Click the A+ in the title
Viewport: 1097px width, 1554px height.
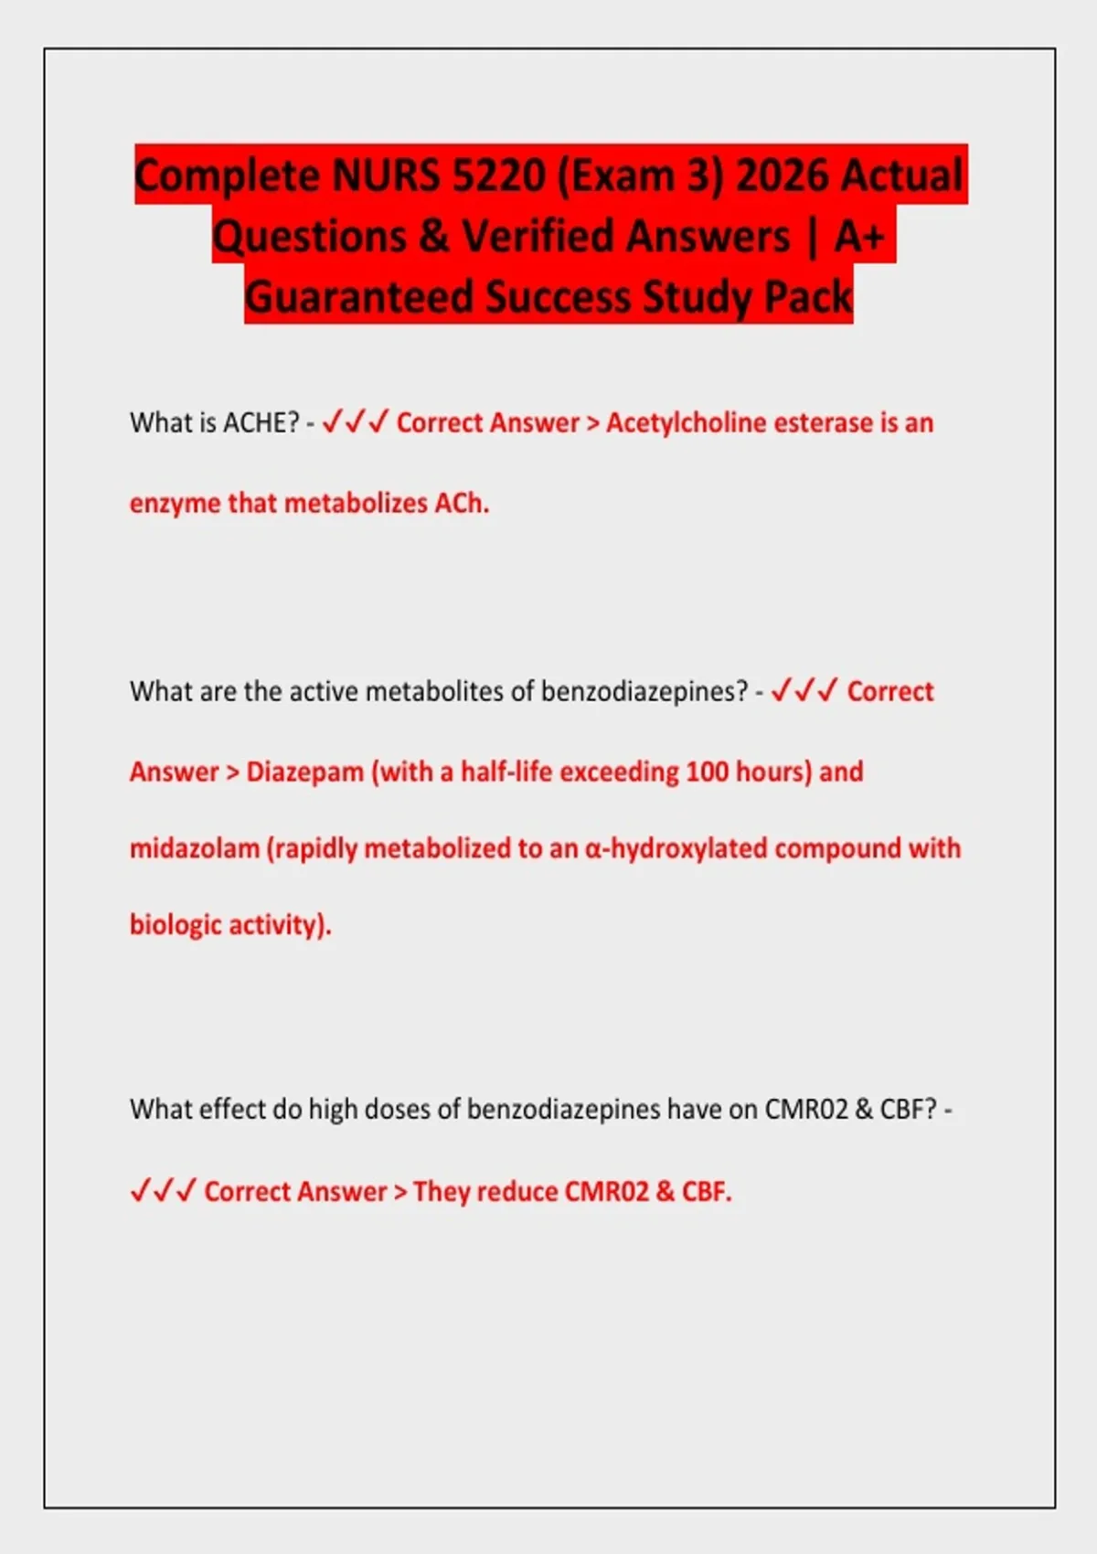click(x=859, y=236)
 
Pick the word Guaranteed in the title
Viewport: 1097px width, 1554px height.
click(x=359, y=297)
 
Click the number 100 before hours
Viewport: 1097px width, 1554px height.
click(x=707, y=772)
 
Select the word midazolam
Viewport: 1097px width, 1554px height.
click(x=194, y=849)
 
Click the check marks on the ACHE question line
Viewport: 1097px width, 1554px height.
click(x=356, y=422)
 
